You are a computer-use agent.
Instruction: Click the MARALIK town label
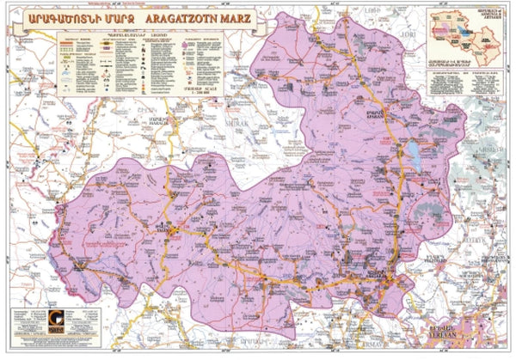coord(158,119)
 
